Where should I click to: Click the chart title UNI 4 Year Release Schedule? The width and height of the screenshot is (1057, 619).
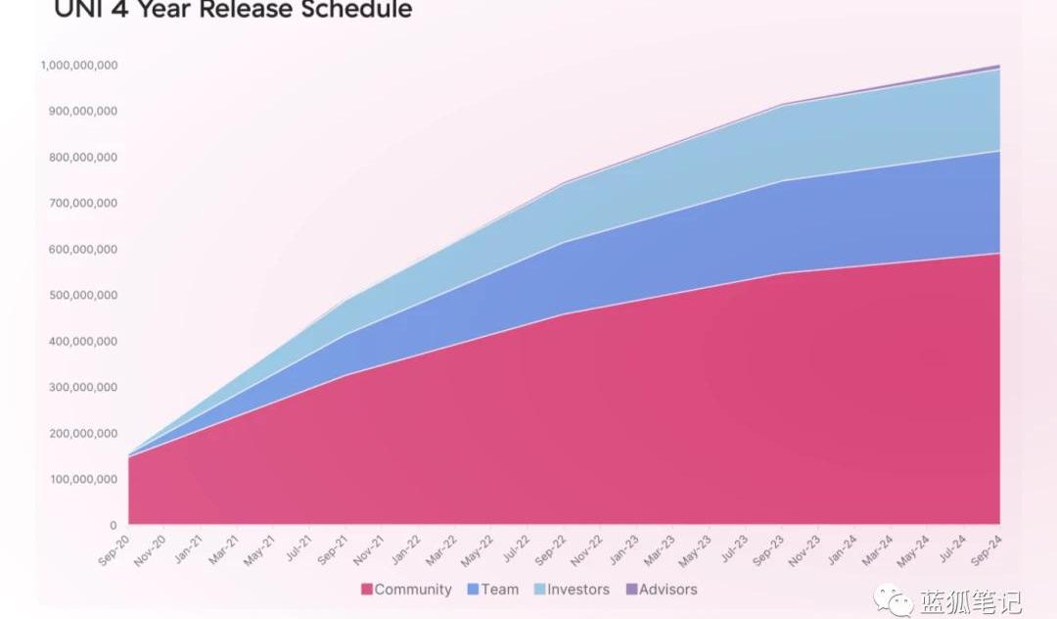click(x=233, y=10)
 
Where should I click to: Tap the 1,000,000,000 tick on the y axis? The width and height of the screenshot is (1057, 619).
click(x=79, y=66)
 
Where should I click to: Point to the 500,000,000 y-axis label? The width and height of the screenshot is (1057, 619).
click(x=82, y=296)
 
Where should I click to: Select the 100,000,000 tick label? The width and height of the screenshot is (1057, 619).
click(x=82, y=480)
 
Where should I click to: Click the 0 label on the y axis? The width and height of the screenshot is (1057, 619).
click(x=113, y=526)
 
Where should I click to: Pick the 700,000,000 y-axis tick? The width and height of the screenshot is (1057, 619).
click(x=82, y=204)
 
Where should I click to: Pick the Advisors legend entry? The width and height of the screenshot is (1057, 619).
click(x=667, y=590)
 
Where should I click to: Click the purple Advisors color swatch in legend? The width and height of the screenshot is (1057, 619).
click(x=631, y=590)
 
